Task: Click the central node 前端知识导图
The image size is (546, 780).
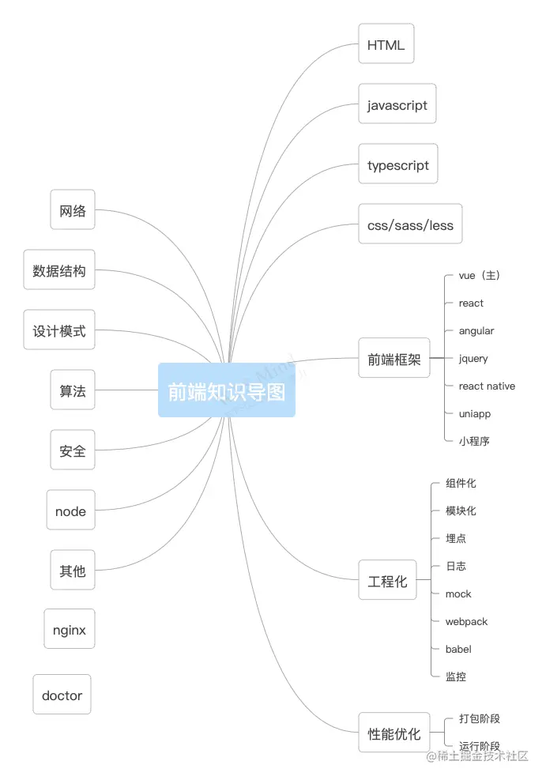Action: tap(227, 390)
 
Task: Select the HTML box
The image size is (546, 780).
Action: tap(386, 44)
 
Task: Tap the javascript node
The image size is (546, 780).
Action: tap(397, 104)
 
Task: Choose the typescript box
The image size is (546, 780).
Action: tap(397, 165)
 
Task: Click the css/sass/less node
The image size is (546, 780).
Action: tap(410, 225)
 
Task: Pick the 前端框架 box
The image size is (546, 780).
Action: tap(393, 360)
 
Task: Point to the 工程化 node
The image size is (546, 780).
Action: tap(387, 580)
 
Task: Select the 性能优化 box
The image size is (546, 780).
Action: tap(393, 733)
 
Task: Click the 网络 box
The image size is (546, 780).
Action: tap(73, 210)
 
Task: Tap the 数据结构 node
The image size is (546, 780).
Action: tap(58, 270)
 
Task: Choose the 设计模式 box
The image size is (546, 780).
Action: tap(58, 330)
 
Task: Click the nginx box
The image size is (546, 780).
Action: tap(70, 630)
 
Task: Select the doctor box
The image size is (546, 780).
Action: tap(62, 695)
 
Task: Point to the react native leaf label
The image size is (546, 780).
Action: tap(487, 386)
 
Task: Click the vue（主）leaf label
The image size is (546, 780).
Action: tap(479, 275)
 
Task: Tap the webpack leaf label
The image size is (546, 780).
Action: tap(466, 621)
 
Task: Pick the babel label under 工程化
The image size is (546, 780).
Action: tap(458, 649)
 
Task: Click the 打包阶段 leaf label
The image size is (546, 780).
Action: tap(480, 718)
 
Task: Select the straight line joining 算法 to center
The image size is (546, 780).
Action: tap(126, 390)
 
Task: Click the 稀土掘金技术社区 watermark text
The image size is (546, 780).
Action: tap(483, 756)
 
